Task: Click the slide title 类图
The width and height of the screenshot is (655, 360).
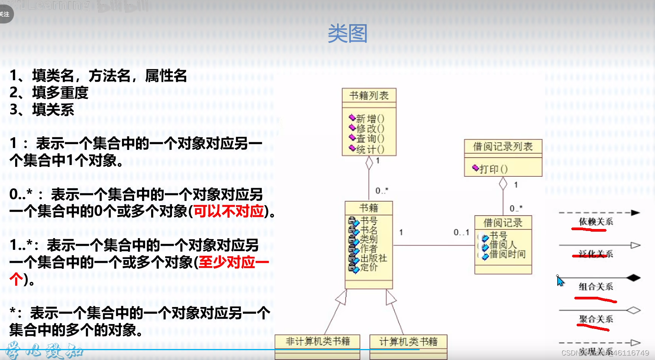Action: point(347,34)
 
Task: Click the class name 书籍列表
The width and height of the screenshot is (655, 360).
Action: point(369,96)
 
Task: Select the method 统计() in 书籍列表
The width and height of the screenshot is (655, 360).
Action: point(370,150)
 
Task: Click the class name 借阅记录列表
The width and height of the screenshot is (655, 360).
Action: point(503,146)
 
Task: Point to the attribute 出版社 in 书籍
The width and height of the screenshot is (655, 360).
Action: point(373,258)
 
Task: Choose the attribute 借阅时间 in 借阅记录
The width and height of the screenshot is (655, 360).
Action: point(507,254)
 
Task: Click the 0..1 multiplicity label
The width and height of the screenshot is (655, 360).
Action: point(461,232)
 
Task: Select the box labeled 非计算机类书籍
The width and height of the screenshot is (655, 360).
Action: point(317,342)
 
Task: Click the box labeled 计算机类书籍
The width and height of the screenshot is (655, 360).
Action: point(408,342)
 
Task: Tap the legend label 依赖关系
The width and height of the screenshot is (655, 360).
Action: point(596,222)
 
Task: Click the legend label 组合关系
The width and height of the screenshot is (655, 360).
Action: point(596,287)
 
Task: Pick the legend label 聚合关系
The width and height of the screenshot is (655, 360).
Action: point(596,319)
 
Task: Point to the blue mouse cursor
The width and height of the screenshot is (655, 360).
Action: point(560,281)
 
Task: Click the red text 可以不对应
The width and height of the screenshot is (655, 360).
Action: point(229,211)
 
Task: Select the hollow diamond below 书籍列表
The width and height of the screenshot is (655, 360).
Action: point(369,163)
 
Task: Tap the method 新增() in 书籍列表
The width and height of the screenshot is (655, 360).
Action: point(370,119)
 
